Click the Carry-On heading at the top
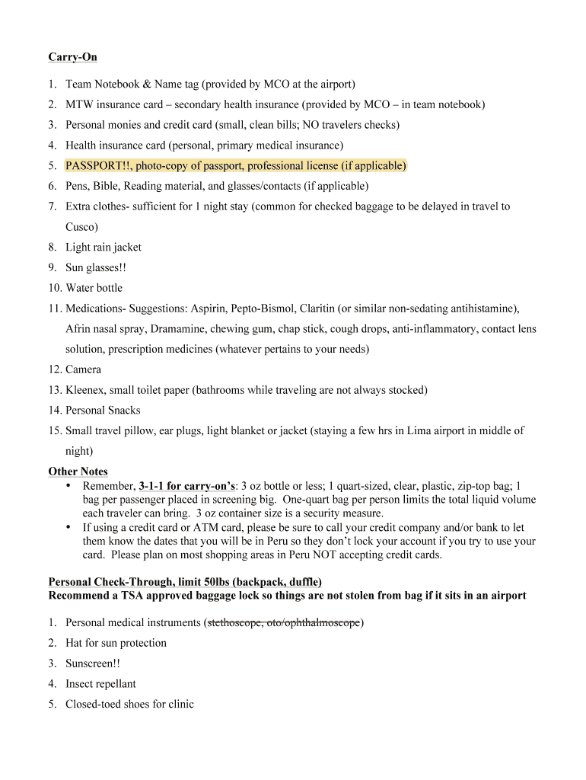coord(72,57)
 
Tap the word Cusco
coord(81,227)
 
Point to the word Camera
coord(83,369)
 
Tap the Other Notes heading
coord(78,472)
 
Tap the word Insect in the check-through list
coord(81,684)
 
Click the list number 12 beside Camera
coord(53,369)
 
